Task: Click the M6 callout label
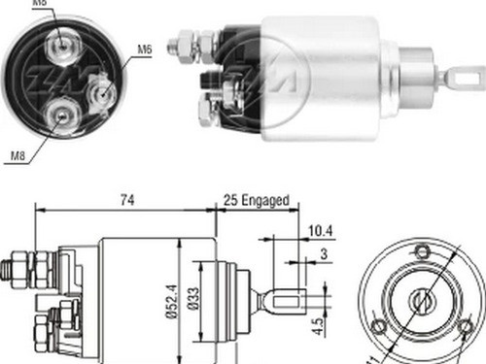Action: (144, 48)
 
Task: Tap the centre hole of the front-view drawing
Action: (423, 301)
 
